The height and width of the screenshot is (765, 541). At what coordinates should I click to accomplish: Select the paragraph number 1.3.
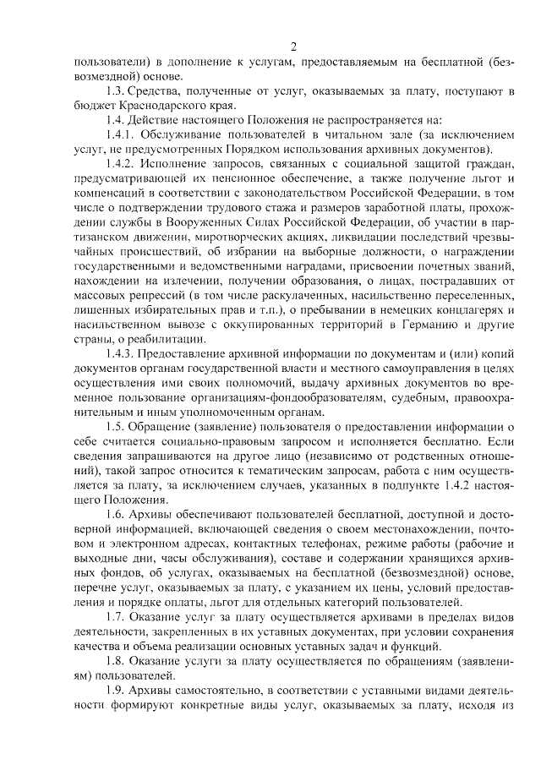tap(116, 90)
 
